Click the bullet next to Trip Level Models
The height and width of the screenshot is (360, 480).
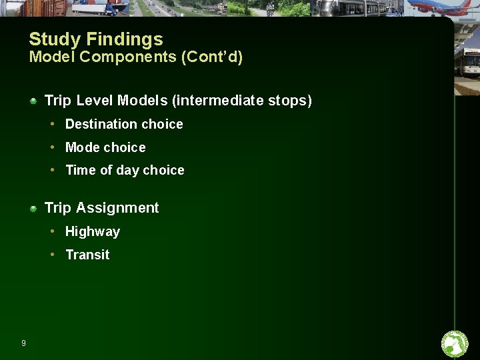33,101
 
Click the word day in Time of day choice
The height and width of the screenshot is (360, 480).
127,171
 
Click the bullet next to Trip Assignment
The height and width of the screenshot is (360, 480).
33,208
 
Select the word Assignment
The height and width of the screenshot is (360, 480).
117,208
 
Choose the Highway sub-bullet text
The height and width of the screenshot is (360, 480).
93,232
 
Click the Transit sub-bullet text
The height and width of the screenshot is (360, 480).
87,255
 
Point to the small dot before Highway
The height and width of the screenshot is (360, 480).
52,231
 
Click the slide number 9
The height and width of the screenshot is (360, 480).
23,343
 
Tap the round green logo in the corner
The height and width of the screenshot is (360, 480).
455,344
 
